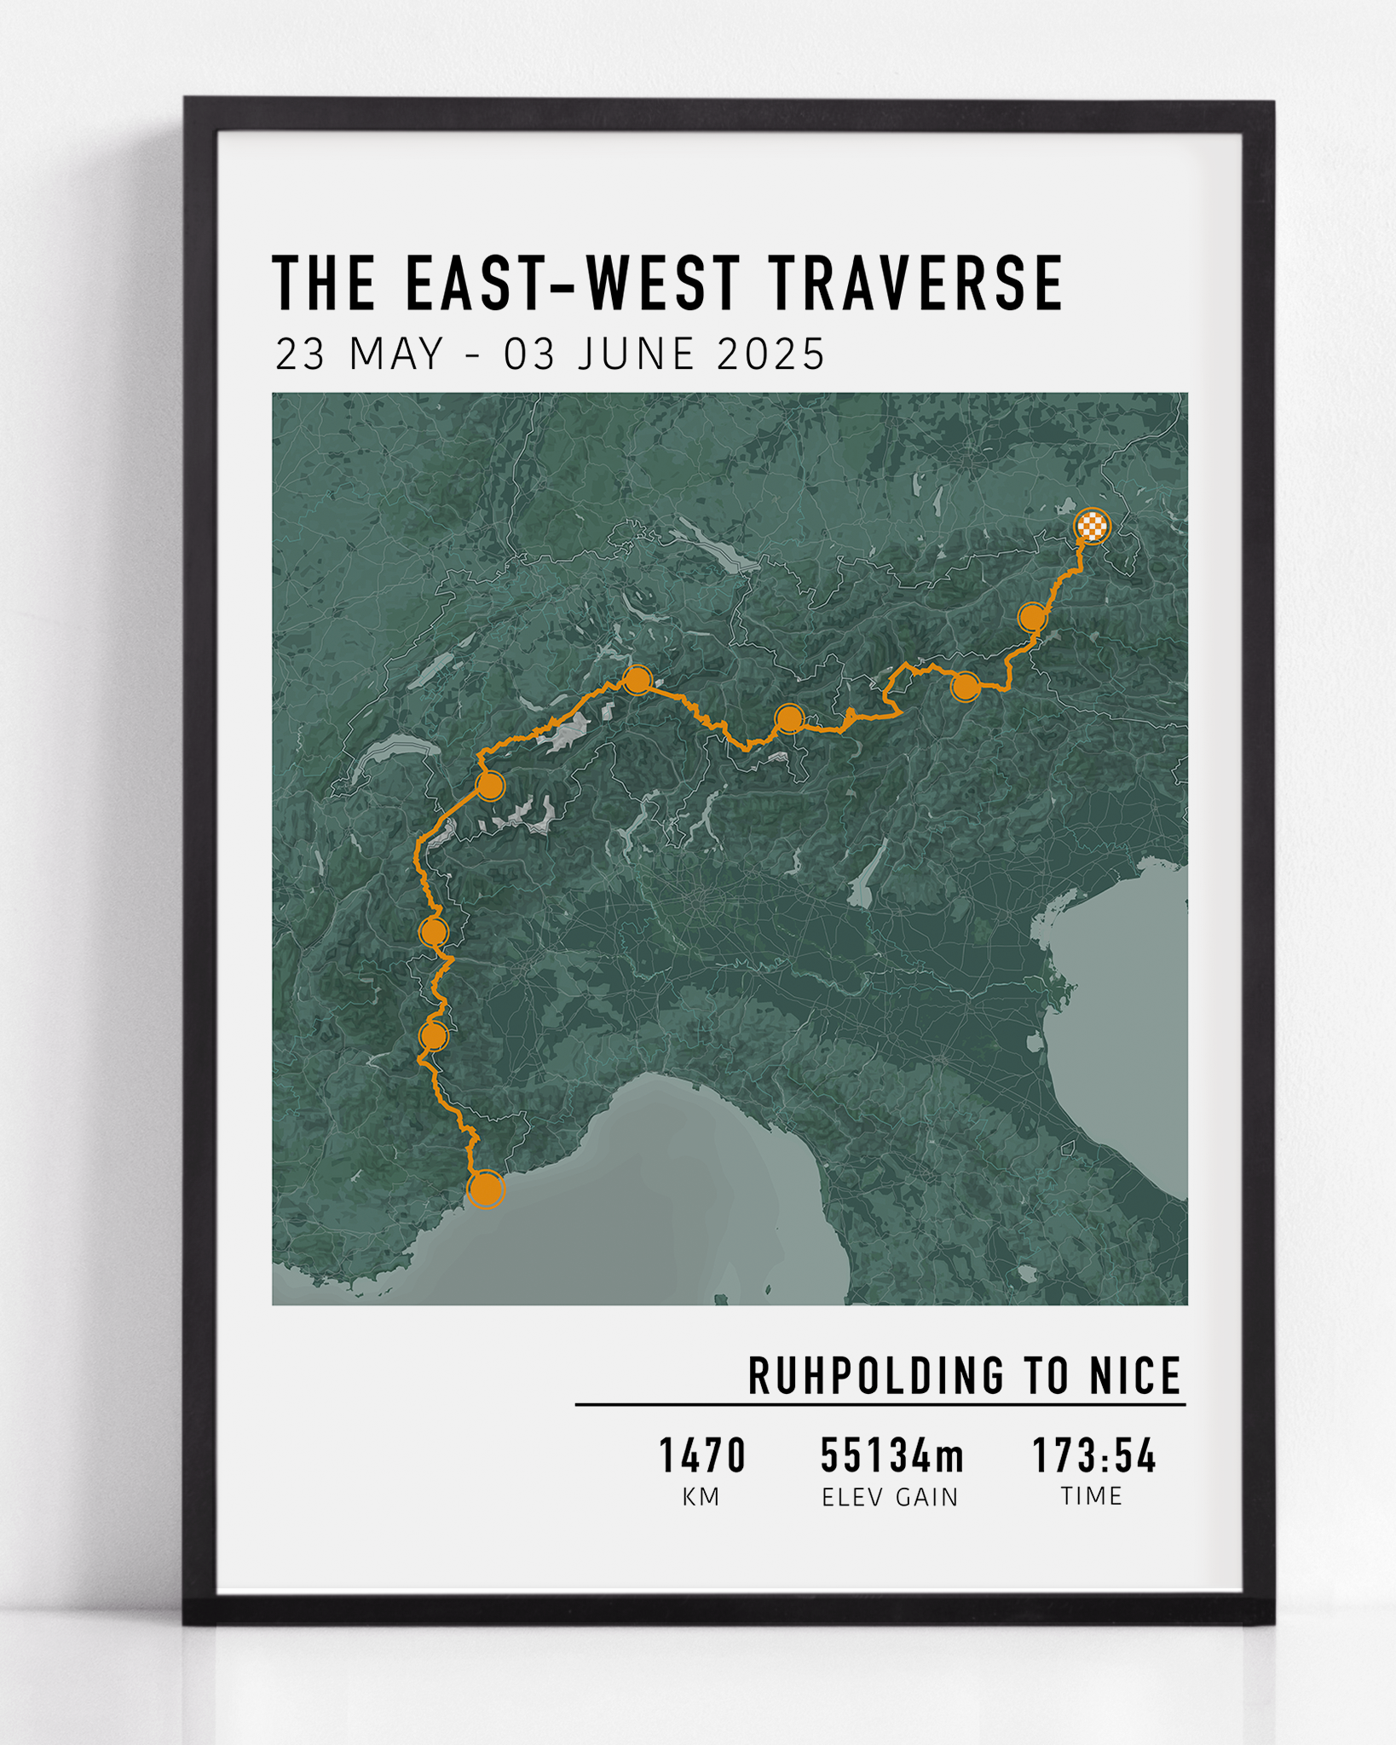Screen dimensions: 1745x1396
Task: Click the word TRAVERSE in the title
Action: [917, 283]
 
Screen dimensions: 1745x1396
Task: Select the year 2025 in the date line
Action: [771, 354]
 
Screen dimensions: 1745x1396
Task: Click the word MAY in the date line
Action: [397, 354]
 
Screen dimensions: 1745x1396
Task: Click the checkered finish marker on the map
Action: [1092, 526]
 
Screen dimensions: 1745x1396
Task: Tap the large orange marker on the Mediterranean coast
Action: [487, 1189]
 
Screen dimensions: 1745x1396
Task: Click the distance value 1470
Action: [702, 1455]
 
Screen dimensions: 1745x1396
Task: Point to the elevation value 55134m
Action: [891, 1455]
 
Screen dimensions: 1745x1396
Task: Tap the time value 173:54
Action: [1094, 1455]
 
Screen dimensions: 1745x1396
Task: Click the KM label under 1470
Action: [701, 1497]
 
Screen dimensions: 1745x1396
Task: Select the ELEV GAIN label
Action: [890, 1497]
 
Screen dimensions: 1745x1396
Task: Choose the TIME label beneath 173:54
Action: [1092, 1496]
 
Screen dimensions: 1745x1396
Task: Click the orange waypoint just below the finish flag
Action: [1032, 616]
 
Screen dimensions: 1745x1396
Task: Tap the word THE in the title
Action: [324, 283]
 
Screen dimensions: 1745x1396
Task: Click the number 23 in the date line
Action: [300, 354]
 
